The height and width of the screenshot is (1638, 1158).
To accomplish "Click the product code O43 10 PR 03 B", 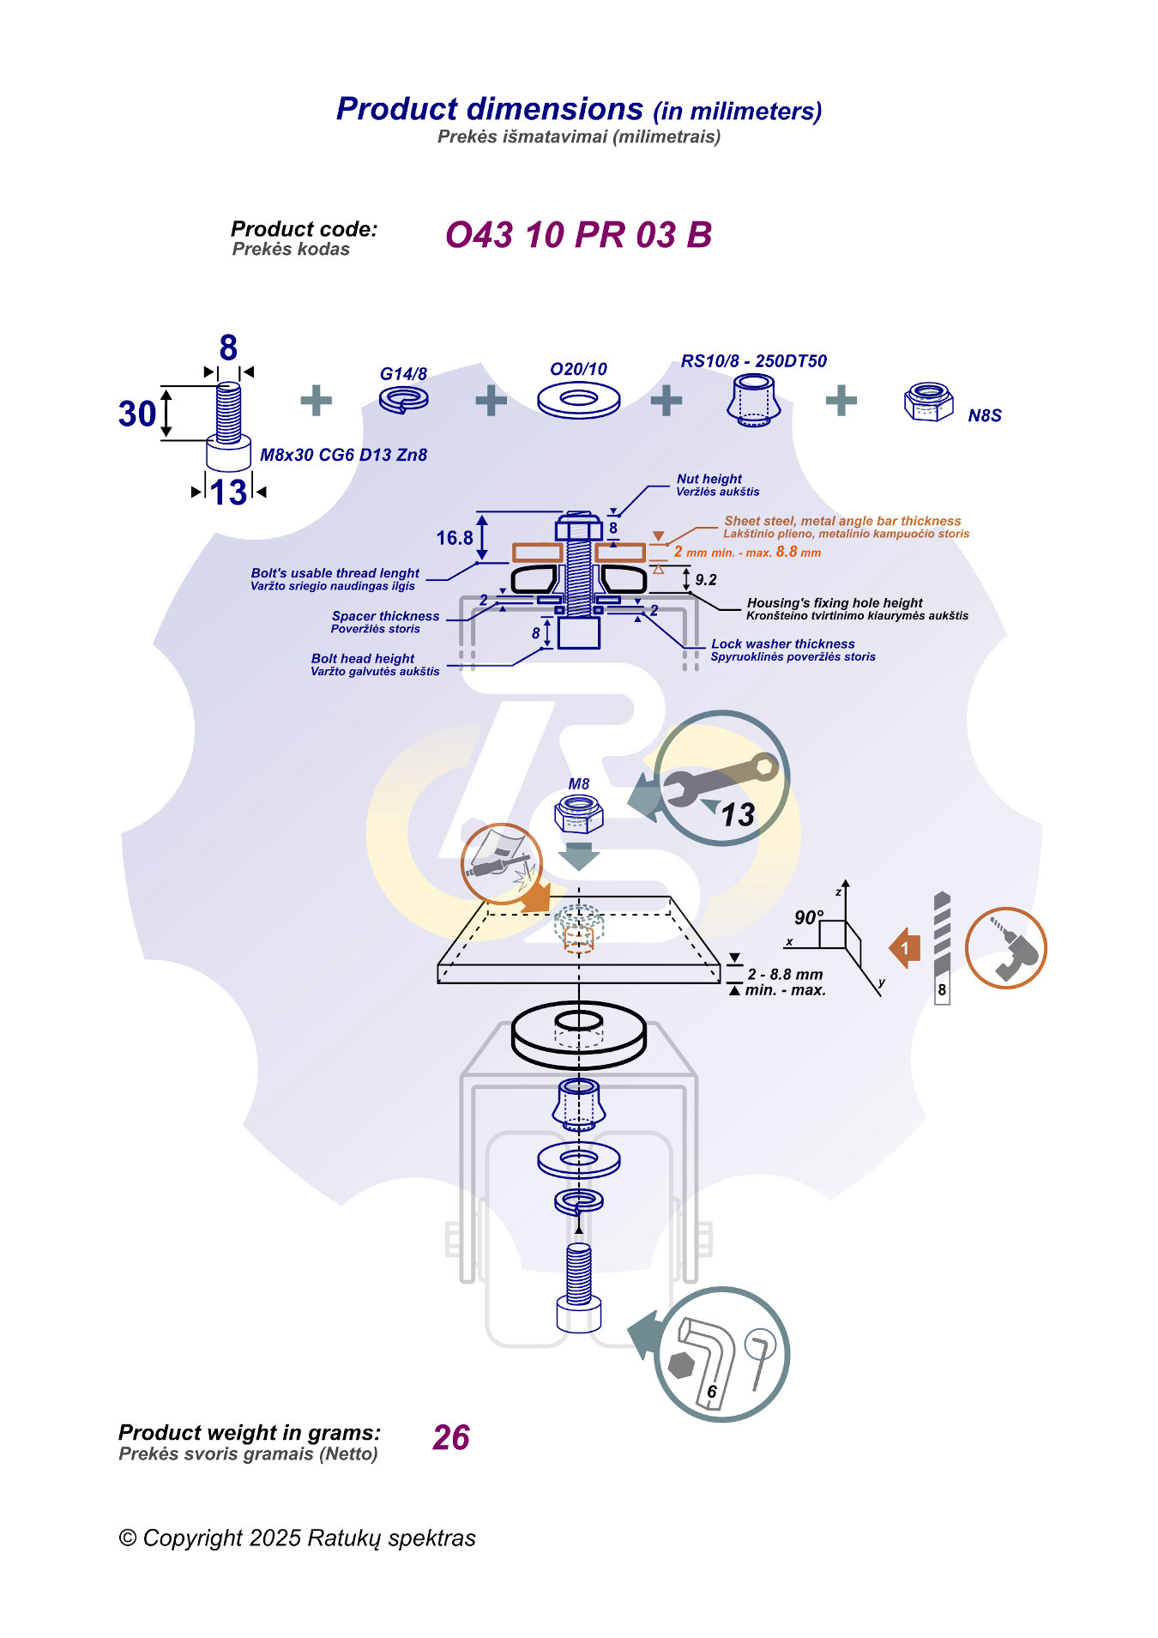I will (578, 235).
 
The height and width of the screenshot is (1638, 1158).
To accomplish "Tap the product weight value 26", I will (450, 1438).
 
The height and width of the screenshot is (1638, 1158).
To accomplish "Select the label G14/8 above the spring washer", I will (403, 374).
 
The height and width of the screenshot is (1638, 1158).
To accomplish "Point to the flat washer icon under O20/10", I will (578, 400).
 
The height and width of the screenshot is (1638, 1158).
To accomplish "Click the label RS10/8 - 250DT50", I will (753, 361).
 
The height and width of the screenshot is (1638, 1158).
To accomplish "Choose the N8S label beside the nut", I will (984, 416).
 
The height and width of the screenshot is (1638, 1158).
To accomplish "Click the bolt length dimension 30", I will (137, 414).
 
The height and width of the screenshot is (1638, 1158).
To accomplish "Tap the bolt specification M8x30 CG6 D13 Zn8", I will (343, 455).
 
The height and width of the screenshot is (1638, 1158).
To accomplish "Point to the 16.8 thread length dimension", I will (454, 538).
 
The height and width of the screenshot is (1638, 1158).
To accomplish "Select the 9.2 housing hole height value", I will (706, 580).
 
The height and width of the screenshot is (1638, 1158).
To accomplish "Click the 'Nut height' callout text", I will (709, 479).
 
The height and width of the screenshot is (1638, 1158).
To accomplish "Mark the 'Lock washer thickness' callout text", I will (782, 644).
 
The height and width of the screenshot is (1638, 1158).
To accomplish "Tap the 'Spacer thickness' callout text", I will (385, 616).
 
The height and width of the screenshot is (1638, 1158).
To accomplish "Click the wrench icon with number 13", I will (721, 778).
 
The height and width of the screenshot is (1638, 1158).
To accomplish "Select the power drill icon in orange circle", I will (1005, 948).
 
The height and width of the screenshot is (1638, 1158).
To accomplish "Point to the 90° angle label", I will (808, 917).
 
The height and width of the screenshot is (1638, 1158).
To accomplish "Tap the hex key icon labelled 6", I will (721, 1355).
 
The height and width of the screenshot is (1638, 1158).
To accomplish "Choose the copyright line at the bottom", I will (297, 1538).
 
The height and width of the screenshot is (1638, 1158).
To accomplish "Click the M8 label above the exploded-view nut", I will (578, 784).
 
